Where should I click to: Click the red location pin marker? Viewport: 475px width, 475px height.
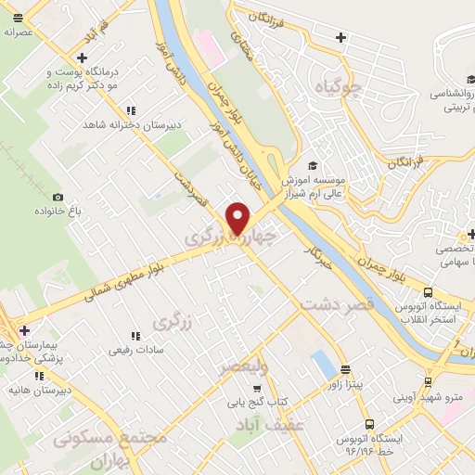click(x=238, y=218)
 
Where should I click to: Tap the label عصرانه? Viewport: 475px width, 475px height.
click(x=19, y=31)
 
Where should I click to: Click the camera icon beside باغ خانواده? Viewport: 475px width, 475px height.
click(x=58, y=197)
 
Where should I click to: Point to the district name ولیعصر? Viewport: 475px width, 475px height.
click(x=243, y=368)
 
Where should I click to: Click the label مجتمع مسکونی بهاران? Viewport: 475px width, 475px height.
click(x=111, y=445)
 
